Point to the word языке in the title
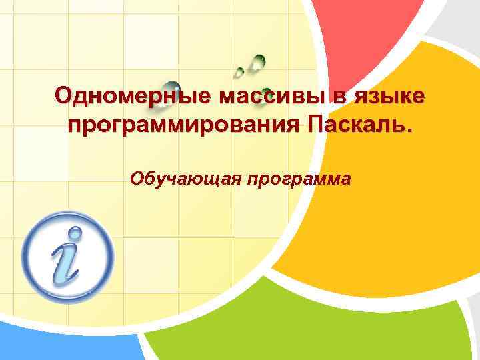pyautogui.click(x=389, y=97)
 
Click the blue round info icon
pyautogui.click(x=67, y=257)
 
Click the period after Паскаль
pyautogui.click(x=408, y=131)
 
